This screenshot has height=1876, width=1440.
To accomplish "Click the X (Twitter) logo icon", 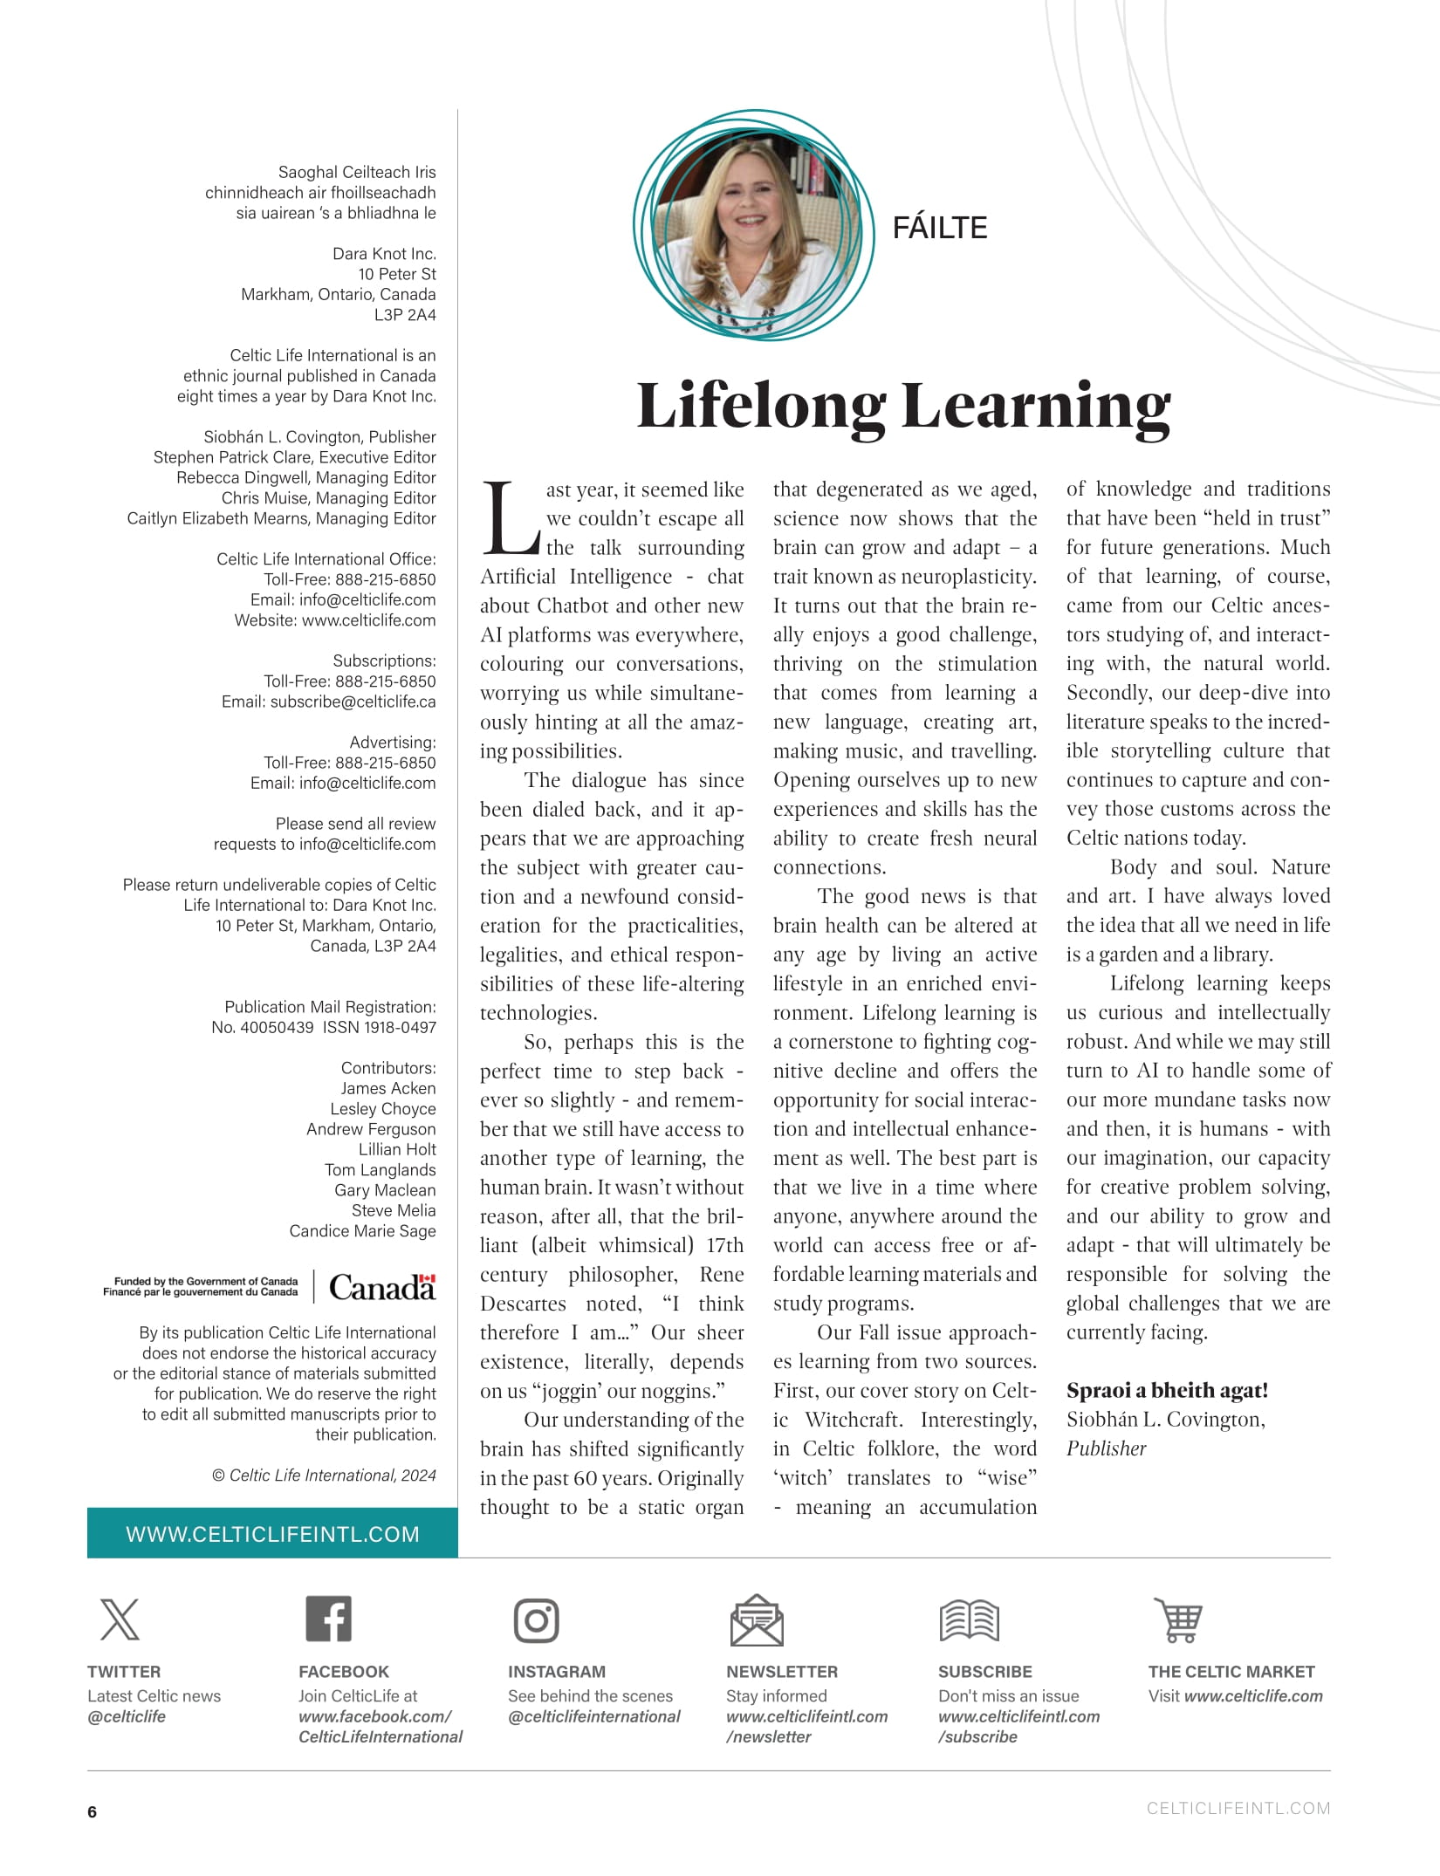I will coord(120,1619).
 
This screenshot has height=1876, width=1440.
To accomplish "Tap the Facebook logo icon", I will coord(328,1619).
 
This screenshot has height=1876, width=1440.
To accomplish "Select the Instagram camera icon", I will coord(537,1620).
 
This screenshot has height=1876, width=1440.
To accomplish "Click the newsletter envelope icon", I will coord(756,1620).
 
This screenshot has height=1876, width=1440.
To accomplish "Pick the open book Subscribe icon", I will coord(969,1620).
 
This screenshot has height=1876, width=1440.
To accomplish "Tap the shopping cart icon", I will coord(1179,1620).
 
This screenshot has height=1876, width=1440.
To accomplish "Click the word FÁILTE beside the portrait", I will coord(939,228).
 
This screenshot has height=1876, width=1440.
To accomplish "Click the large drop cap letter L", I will coord(512,520).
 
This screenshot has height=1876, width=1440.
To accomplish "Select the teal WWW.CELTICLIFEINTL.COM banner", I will coord(272,1534).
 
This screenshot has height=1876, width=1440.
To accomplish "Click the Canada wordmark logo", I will coord(381,1287).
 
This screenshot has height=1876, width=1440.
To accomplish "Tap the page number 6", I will coord(93,1811).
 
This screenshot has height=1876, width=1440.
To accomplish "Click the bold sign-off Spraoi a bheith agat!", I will coord(1167,1390).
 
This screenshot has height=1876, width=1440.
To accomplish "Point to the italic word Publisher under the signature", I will coord(1106,1448).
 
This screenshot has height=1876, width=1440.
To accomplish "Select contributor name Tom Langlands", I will coord(380,1169).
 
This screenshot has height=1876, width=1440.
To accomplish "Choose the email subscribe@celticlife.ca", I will coord(353,702).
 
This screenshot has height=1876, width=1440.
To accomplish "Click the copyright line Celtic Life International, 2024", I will coord(325,1475).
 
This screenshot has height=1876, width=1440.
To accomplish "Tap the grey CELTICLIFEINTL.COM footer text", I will coord(1238,1809).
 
